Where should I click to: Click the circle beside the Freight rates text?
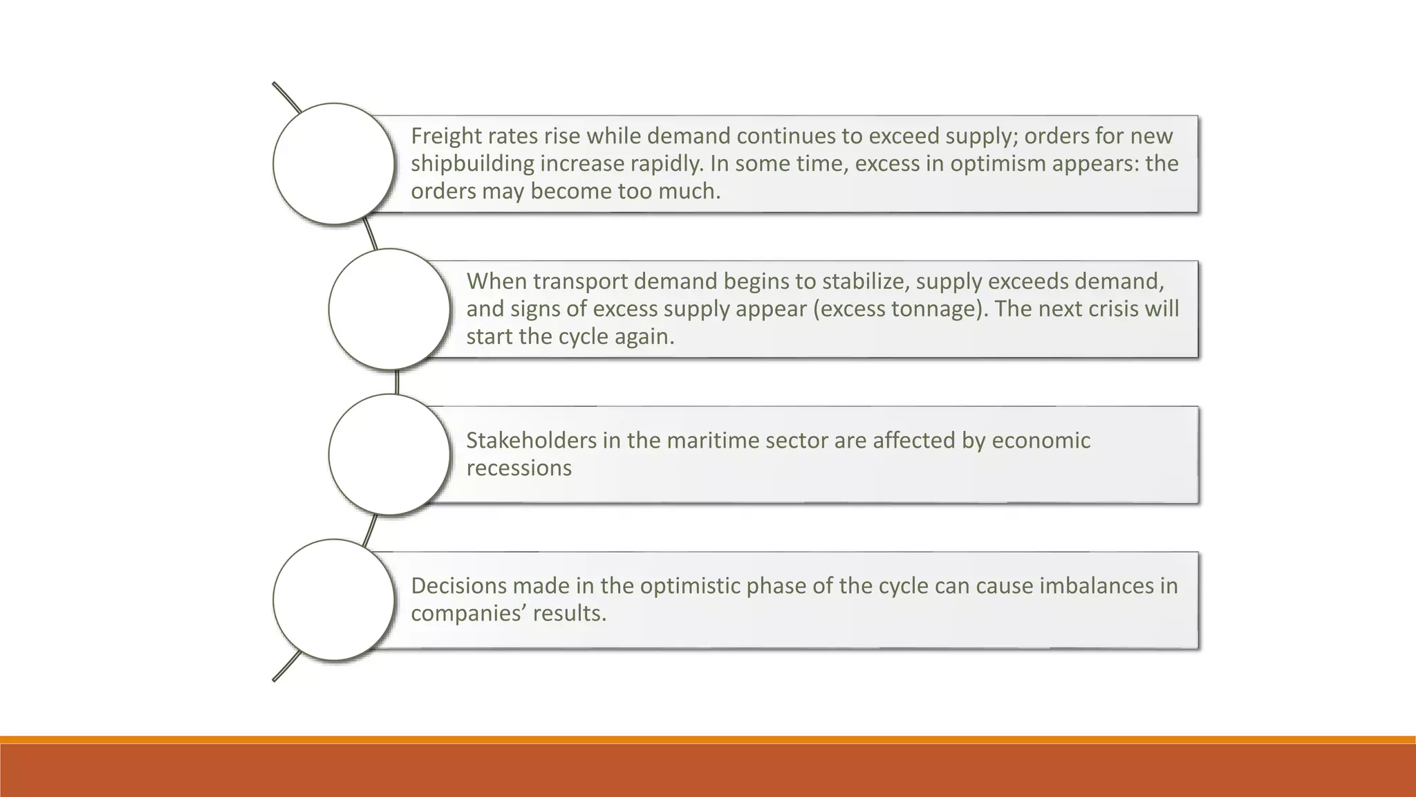pyautogui.click(x=334, y=164)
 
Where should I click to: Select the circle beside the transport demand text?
pyautogui.click(x=389, y=309)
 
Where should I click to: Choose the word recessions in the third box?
pyautogui.click(x=519, y=468)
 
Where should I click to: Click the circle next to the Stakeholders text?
pyautogui.click(x=389, y=455)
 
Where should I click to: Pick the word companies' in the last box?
pyautogui.click(x=468, y=614)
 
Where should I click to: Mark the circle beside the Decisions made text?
pyautogui.click(x=334, y=600)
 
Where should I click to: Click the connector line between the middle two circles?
pyautogui.click(x=397, y=382)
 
